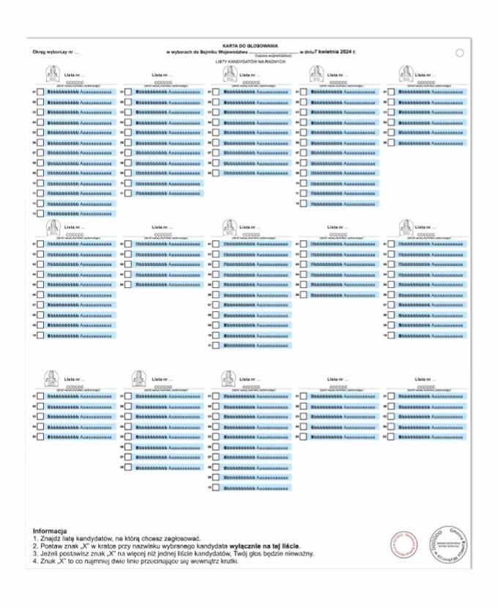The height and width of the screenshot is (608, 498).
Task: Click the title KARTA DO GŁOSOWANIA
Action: (x=249, y=46)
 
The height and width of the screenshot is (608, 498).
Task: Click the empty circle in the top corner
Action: (x=460, y=53)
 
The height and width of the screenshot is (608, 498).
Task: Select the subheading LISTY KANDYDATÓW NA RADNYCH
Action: (x=249, y=62)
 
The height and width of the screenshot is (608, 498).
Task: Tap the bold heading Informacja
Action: (x=50, y=530)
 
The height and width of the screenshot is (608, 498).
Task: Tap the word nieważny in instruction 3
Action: (x=299, y=554)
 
